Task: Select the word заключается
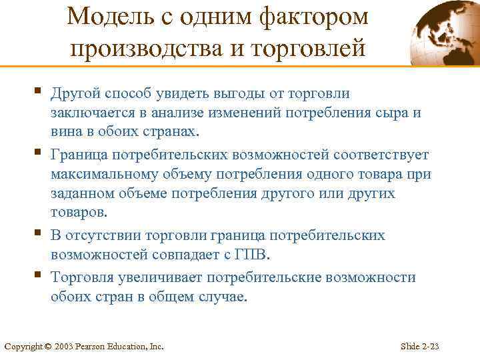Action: pyautogui.click(x=93, y=113)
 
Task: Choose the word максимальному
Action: pyautogui.click(x=109, y=175)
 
